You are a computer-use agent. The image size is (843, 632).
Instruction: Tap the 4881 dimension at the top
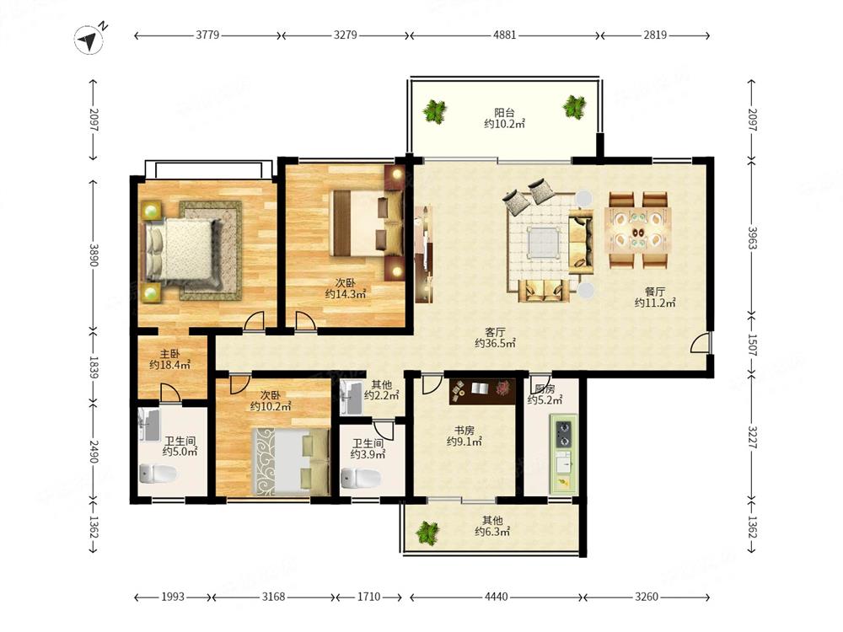[x=504, y=35]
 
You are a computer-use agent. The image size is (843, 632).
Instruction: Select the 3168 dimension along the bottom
[x=273, y=597]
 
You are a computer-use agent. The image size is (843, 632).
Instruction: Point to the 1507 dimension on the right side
[x=752, y=345]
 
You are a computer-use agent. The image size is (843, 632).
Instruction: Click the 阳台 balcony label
[x=504, y=112]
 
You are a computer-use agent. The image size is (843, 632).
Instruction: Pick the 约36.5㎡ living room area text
[x=495, y=343]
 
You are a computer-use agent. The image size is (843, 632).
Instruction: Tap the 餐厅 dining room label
[x=655, y=292]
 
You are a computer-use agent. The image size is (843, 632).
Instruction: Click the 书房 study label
[x=464, y=430]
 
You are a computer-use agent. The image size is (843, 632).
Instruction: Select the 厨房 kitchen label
[x=545, y=389]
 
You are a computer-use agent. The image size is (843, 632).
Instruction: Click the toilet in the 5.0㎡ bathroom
[x=158, y=474]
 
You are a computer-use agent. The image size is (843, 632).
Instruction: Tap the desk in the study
[x=482, y=391]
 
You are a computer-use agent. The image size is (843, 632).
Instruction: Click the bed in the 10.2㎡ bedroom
[x=291, y=461]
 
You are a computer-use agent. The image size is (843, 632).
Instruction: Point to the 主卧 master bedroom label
[x=170, y=354]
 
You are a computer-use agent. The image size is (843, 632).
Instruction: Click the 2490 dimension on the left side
[x=94, y=452]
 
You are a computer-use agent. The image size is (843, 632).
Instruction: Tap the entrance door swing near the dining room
[x=701, y=342]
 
